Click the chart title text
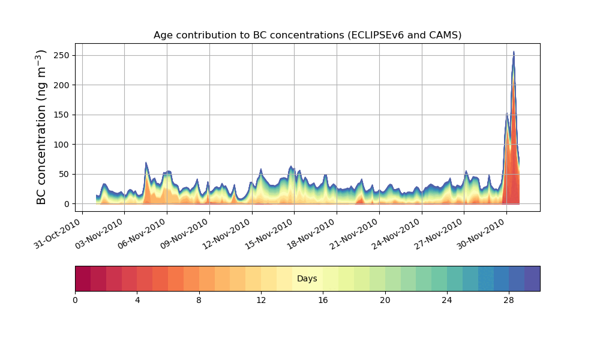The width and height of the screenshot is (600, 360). point(307,35)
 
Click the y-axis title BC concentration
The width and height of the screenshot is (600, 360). point(41,127)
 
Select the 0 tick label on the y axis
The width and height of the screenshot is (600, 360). point(67,204)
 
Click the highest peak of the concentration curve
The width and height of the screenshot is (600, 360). point(514,52)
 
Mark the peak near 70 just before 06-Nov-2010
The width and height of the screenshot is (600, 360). point(146,163)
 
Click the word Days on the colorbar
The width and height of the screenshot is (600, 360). point(307,279)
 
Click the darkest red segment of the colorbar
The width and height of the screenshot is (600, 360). point(83,278)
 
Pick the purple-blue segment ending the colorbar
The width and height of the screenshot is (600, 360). point(532,278)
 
